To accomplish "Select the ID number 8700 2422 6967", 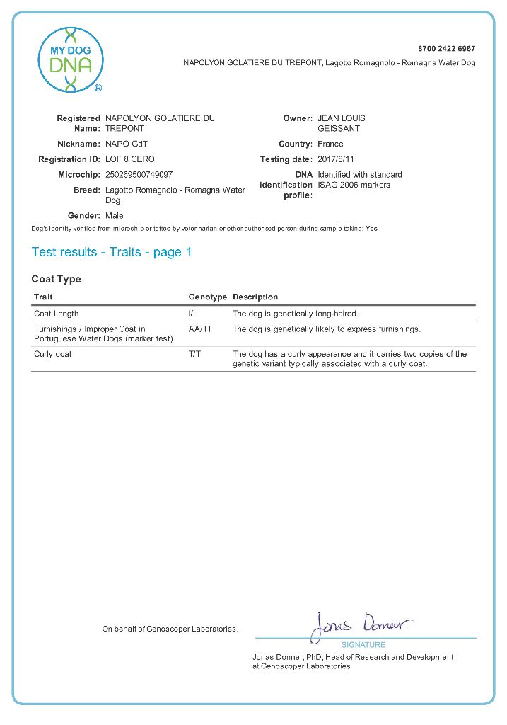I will [446, 49].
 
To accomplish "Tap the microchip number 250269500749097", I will [139, 174].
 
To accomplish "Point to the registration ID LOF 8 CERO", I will [129, 159].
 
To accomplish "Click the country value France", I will [330, 144].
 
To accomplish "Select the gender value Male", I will [114, 215].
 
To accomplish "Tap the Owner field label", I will [298, 118].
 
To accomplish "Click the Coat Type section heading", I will [56, 279].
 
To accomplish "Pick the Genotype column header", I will [207, 297].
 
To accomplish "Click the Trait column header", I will [43, 297].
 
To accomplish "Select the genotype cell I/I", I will [192, 314].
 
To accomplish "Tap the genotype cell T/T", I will [194, 354].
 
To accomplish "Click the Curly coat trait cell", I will [53, 354].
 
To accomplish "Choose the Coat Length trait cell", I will [57, 314].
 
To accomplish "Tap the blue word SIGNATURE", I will [363, 645].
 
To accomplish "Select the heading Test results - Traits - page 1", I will [112, 252].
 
